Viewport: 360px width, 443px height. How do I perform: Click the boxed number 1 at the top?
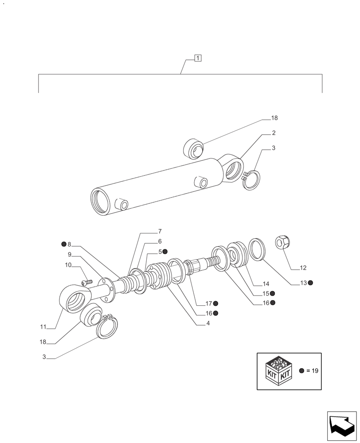[198, 58]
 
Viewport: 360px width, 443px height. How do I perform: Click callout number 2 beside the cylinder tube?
[274, 133]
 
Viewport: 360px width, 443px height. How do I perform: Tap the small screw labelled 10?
[87, 282]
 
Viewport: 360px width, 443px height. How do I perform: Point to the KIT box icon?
[277, 371]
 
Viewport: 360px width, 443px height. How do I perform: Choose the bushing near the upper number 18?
[194, 148]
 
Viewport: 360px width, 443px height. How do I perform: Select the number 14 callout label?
[266, 284]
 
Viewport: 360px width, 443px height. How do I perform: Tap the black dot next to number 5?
[165, 252]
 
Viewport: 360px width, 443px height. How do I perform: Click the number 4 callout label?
[207, 323]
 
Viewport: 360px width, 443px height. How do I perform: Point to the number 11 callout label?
[43, 327]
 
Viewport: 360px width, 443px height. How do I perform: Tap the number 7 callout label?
[160, 231]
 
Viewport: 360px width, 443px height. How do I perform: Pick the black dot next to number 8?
[64, 244]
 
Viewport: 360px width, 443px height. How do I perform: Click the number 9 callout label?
[70, 255]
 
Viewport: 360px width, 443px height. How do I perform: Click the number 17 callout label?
[208, 303]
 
